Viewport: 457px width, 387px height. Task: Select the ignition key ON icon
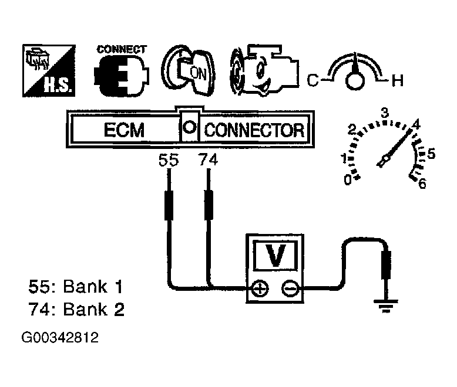point(189,71)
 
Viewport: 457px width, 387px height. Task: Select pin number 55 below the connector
point(168,160)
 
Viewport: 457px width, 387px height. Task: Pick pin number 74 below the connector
point(208,160)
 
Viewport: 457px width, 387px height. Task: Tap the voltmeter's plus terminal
point(259,288)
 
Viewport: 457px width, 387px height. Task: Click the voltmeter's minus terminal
point(288,288)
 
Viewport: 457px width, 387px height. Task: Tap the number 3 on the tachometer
point(386,113)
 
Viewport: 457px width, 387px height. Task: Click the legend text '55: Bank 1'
point(76,287)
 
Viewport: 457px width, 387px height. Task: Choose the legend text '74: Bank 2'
point(76,309)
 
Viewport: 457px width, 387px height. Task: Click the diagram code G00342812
point(60,338)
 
